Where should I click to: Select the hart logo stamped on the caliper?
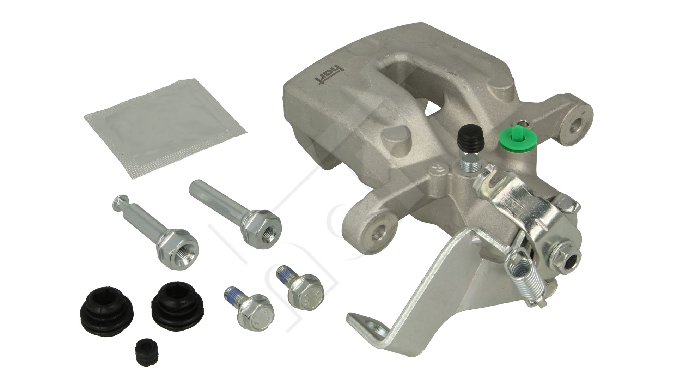click(319, 74)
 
